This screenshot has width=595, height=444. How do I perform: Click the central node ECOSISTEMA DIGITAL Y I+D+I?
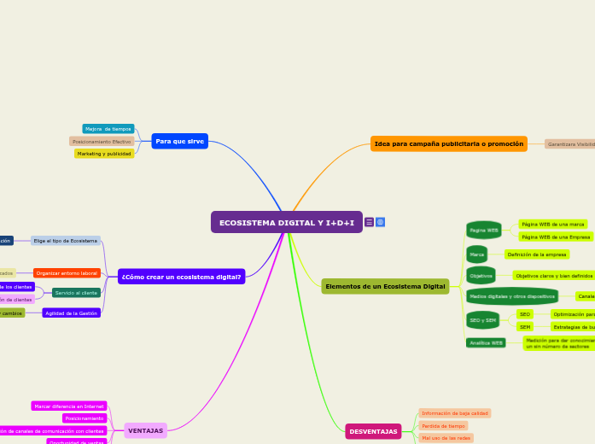click(287, 222)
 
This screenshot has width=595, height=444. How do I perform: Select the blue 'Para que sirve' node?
click(179, 141)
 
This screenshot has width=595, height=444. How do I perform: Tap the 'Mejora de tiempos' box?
click(108, 129)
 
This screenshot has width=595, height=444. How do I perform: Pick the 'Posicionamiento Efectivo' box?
click(102, 142)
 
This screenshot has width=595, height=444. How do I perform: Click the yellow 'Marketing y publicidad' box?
click(104, 154)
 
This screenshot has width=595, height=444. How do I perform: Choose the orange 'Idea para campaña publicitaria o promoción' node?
click(449, 143)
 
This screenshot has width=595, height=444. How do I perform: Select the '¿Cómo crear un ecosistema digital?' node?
click(181, 277)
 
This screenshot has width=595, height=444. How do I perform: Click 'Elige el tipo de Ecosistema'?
click(66, 241)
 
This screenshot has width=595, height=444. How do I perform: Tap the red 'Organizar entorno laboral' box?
click(67, 273)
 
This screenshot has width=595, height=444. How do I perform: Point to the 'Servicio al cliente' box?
click(76, 293)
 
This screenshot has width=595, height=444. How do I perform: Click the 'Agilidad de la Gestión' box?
click(72, 313)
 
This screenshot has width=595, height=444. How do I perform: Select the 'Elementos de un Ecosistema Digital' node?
click(385, 286)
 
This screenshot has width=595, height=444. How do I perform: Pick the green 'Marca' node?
click(477, 254)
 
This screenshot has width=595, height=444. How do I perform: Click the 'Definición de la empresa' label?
click(537, 254)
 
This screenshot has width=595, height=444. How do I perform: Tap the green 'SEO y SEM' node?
click(483, 320)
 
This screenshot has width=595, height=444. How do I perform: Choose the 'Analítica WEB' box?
click(486, 342)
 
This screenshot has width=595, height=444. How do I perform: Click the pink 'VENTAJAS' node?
click(145, 430)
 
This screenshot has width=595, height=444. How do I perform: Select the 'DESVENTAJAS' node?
click(373, 431)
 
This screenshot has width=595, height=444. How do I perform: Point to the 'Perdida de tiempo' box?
click(444, 425)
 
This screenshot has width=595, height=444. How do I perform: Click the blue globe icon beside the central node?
click(380, 222)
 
